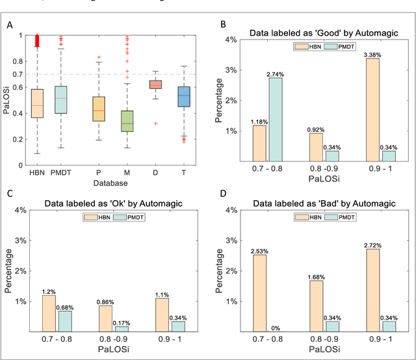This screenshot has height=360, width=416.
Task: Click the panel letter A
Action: pyautogui.click(x=9, y=25)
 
